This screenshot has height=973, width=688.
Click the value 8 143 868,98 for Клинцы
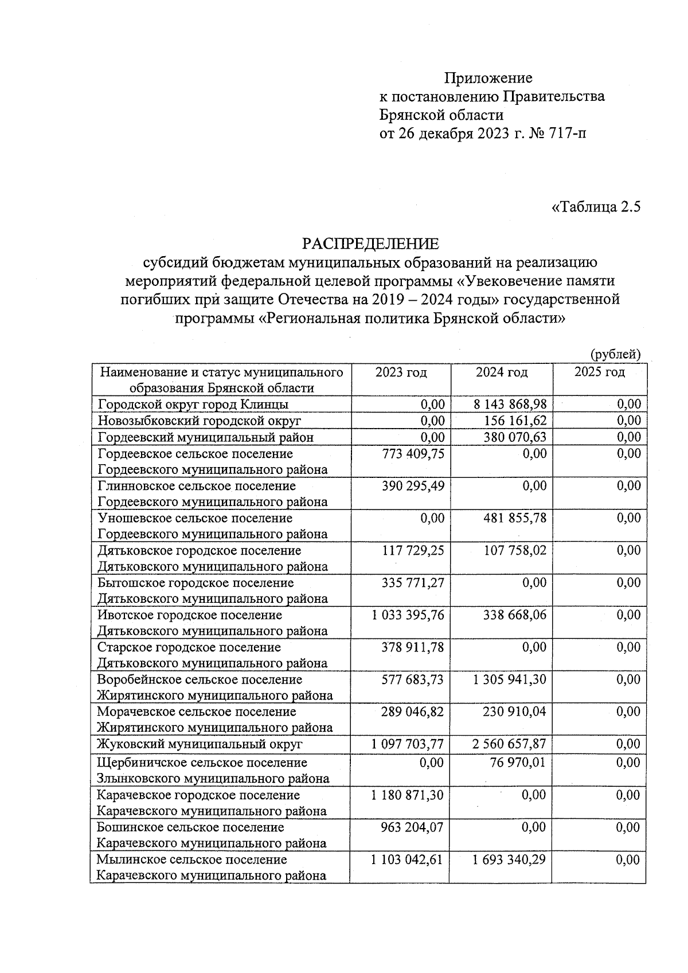(x=510, y=404)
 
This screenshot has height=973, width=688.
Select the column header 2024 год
(x=501, y=372)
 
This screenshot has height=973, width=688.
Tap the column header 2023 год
(x=401, y=372)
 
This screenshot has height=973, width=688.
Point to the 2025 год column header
(x=599, y=372)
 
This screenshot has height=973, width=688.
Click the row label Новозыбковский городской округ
(x=199, y=421)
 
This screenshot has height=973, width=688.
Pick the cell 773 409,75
(x=413, y=454)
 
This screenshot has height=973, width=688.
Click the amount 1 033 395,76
(x=408, y=615)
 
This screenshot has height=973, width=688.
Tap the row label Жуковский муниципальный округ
(x=199, y=744)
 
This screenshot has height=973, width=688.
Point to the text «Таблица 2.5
(x=595, y=206)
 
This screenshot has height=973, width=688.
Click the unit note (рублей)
(x=615, y=354)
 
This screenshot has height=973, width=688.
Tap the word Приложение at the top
(x=488, y=77)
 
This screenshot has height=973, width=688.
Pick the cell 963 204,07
(x=412, y=827)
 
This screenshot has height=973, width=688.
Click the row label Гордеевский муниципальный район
(x=205, y=437)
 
